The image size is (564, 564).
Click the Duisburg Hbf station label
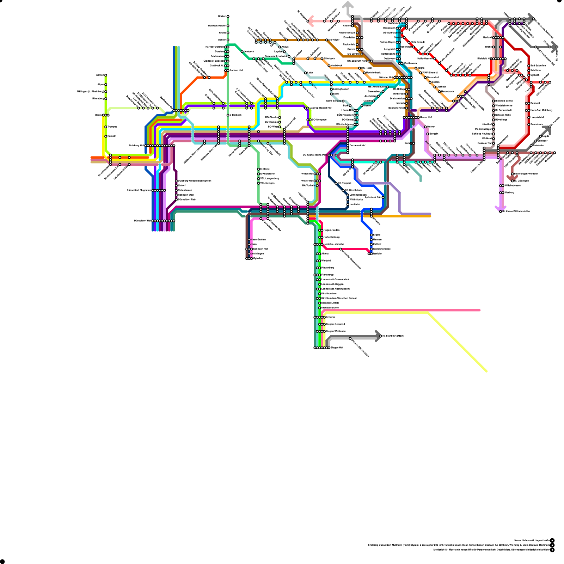click(137, 146)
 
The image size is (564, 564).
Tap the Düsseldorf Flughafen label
click(139, 190)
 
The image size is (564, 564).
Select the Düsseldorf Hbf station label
click(143, 221)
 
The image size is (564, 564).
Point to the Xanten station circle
click(106, 75)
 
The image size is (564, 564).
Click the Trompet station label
click(112, 127)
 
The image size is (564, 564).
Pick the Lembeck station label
click(249, 52)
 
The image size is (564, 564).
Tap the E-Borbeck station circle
click(228, 115)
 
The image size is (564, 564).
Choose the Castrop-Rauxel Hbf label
click(320, 108)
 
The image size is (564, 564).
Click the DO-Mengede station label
click(319, 120)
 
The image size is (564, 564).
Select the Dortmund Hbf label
click(357, 146)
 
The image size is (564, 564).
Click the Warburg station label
click(509, 193)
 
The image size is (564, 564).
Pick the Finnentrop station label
click(327, 275)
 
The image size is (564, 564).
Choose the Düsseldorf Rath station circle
click(177, 200)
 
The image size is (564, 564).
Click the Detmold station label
click(535, 103)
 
